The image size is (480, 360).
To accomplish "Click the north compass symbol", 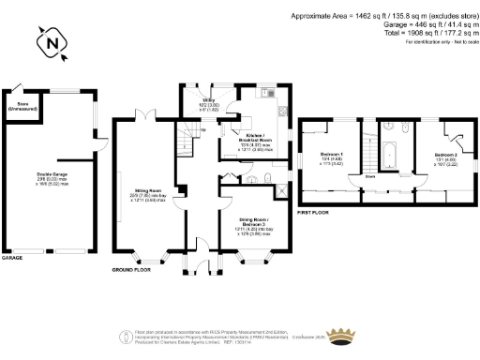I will [x=52, y=41].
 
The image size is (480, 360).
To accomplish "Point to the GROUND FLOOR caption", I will [x=131, y=268].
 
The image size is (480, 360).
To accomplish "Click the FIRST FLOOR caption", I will [x=315, y=214].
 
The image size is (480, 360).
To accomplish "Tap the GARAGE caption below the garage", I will [x=12, y=256].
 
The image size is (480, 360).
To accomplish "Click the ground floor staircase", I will [x=190, y=139].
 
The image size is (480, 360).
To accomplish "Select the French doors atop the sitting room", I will [x=143, y=115].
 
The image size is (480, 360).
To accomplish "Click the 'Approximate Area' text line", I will [x=383, y=16].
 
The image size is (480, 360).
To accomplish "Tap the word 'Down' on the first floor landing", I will [x=371, y=175].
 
